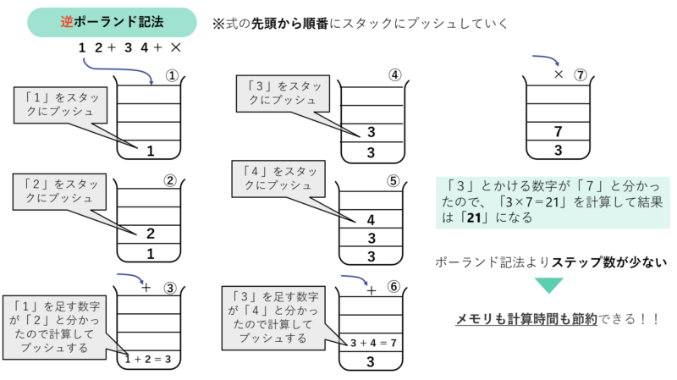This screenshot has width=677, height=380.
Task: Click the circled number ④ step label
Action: tap(394, 74)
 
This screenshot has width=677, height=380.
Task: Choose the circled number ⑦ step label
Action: tap(580, 74)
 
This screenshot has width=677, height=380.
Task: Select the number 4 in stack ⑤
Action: tap(371, 219)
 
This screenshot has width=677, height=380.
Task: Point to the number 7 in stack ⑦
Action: tap(558, 131)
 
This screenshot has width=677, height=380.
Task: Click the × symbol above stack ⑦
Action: tap(558, 74)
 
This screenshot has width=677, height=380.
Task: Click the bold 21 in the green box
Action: tap(481, 218)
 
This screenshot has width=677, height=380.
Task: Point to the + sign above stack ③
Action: tap(146, 287)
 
